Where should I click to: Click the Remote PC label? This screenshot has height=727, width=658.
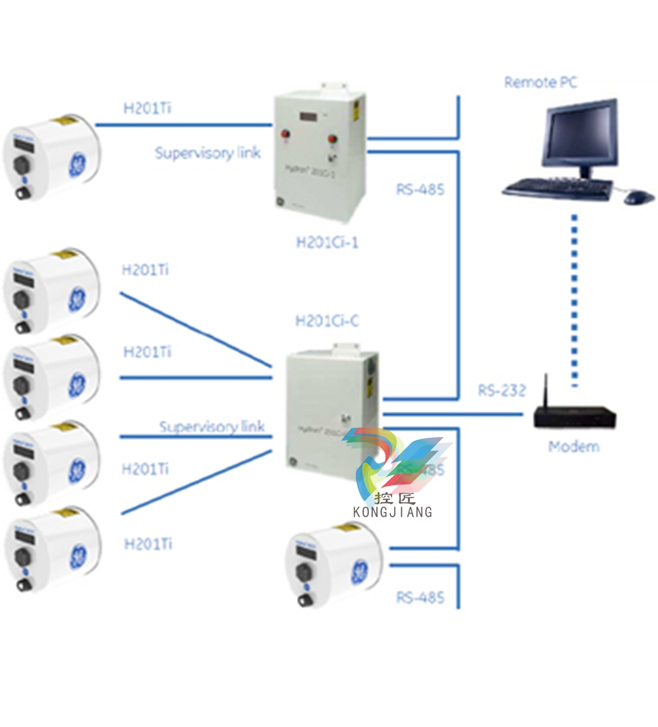(x=540, y=82)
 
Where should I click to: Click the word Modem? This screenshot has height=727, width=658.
(x=574, y=447)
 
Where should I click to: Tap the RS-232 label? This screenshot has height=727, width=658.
(x=502, y=390)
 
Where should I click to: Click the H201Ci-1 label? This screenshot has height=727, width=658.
(x=327, y=243)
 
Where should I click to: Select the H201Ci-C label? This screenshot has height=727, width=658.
(x=327, y=321)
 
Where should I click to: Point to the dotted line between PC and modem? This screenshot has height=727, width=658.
(x=574, y=298)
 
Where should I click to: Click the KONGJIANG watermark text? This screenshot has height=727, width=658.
(x=393, y=511)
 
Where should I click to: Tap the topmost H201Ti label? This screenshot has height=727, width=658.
(x=148, y=108)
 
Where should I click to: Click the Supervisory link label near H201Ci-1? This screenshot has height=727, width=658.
(x=208, y=152)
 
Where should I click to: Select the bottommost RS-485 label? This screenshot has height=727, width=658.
(x=420, y=597)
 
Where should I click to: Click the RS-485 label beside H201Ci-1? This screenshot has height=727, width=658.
(x=420, y=189)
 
